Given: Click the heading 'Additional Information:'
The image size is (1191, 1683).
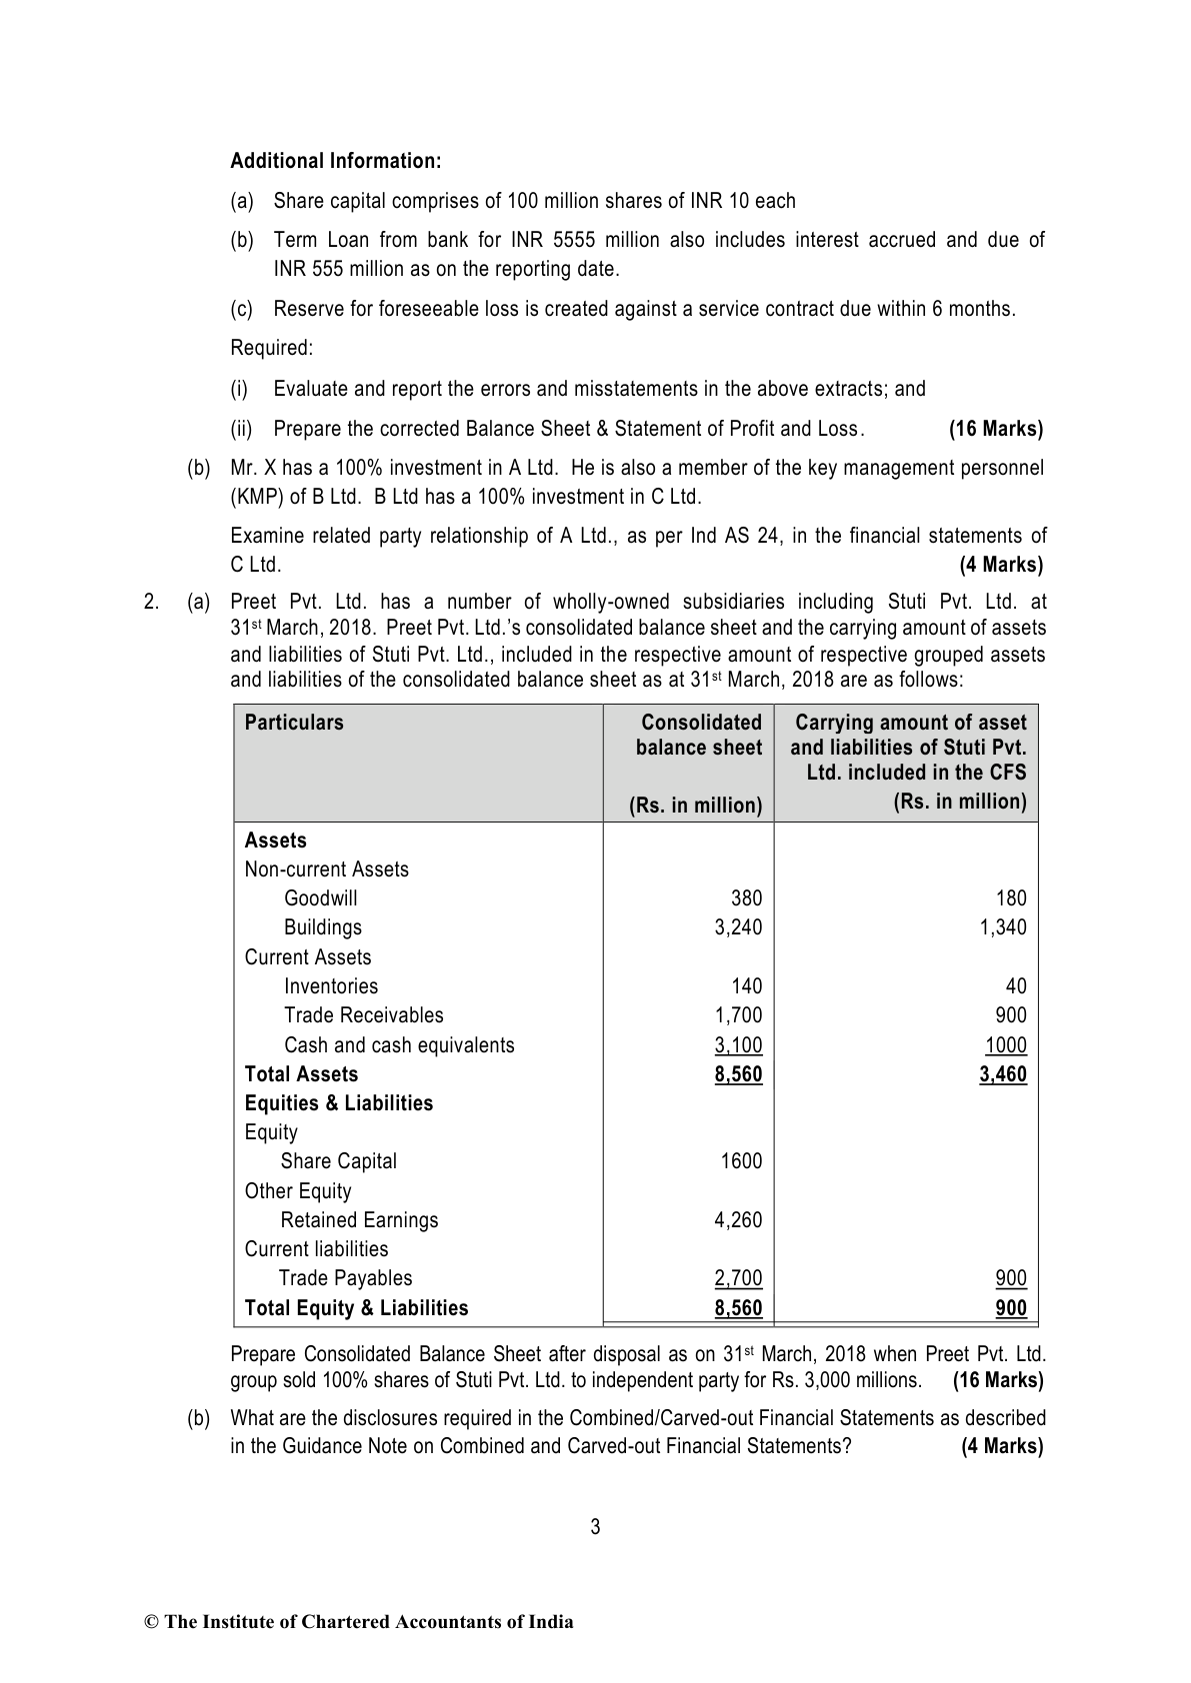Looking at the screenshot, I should pos(336,161).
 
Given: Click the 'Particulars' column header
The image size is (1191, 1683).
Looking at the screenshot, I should pos(294,723).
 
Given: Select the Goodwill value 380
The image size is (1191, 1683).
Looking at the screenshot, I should pos(745,898).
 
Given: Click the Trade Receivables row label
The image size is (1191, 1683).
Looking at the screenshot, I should pos(363,1015).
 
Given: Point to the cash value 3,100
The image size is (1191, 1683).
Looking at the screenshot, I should pos(738,1045).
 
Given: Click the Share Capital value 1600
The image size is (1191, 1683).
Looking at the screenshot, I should pos(741,1161).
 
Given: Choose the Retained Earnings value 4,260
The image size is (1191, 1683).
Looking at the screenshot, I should pos(738,1220).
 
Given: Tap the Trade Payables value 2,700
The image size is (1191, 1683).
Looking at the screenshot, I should pos(738,1278).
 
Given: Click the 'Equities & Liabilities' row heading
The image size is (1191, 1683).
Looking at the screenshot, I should pos(339,1103).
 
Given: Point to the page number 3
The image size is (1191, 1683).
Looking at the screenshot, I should pos(595,1526).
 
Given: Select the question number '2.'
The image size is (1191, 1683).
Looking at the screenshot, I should pos(151,602).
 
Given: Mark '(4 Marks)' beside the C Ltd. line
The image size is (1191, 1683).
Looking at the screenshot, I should pos(1001,565).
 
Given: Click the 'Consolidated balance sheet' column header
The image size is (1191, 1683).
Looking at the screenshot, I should pos(699,735).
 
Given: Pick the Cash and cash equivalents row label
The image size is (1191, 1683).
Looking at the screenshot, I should pos(399,1045).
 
